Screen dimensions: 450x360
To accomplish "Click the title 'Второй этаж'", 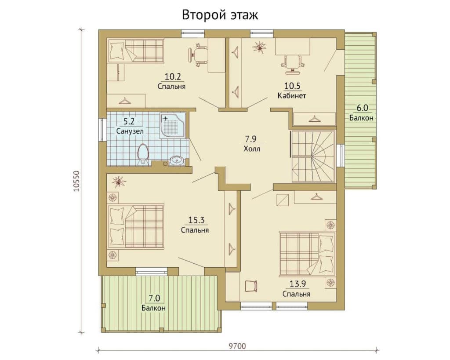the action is point(220,15).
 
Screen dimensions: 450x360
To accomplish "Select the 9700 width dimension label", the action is point(237,346).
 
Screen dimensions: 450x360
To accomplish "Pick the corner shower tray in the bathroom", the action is point(173,126).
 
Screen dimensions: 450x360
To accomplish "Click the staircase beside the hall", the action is point(313,156).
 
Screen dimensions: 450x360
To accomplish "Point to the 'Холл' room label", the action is point(252,149).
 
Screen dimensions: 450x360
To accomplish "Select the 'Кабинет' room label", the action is point(292,95).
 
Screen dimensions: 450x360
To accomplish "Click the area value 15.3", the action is point(196,220).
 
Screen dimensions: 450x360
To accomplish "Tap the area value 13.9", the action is point(298,284).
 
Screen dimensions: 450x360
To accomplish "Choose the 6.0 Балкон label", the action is point(361,113).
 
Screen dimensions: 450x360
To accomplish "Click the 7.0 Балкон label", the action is point(153,303).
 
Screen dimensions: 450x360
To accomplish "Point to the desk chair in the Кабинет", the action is point(293,63).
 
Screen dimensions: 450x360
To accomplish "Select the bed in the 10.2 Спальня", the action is point(135,50).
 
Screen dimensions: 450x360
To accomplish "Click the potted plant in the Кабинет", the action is point(259,47).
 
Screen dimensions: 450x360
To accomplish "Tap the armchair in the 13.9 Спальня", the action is point(251,286).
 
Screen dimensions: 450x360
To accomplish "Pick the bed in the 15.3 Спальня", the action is point(135,226).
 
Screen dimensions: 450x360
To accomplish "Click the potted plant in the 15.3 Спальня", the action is point(119,182).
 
